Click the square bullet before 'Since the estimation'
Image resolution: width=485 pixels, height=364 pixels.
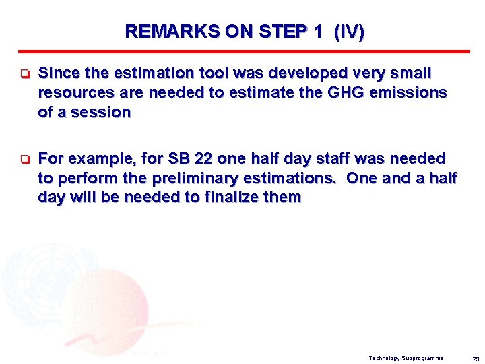click(x=22, y=73)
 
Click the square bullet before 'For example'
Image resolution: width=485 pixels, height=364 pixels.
click(x=22, y=160)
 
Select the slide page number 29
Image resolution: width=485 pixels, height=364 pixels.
click(x=476, y=358)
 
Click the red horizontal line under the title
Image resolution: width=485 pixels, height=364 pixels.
click(x=243, y=52)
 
